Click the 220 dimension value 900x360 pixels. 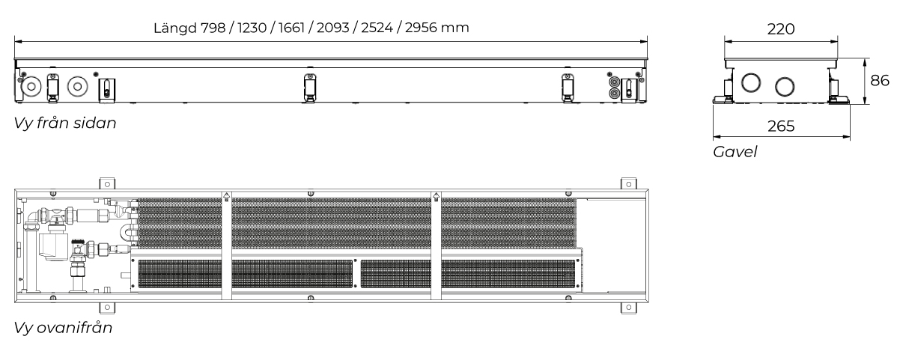(781, 29)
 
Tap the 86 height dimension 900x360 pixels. (880, 80)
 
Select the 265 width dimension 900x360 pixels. (781, 126)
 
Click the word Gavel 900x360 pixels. (735, 152)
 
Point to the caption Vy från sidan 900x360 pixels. (65, 123)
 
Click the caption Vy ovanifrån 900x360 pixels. (63, 328)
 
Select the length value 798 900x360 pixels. (213, 28)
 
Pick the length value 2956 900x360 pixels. (421, 28)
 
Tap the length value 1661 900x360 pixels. (292, 28)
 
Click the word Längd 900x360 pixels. (175, 28)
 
